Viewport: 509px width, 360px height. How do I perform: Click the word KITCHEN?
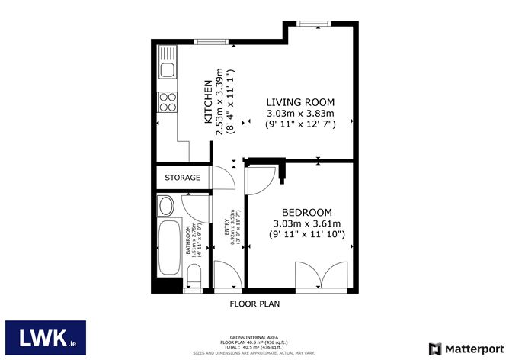pos(207,101)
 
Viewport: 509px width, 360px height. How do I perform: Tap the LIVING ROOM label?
pos(299,102)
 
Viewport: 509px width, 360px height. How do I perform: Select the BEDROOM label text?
pos(307,212)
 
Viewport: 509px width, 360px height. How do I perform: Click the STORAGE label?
pos(183,178)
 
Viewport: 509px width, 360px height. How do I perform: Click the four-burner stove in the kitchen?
pos(166,101)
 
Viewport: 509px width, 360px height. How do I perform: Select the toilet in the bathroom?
pos(194,278)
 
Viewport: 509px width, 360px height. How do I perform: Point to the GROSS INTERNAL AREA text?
pos(254,336)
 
